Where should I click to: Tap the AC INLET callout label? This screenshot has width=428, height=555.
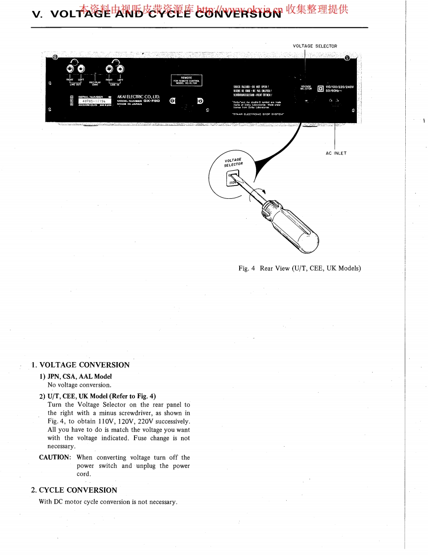tap(336, 153)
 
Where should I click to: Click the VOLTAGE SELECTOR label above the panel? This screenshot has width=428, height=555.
tap(315, 46)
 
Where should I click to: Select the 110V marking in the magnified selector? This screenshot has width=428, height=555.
tap(231, 183)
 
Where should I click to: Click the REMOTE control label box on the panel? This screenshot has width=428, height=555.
tap(186, 80)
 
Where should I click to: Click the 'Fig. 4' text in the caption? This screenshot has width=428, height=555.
tap(246, 269)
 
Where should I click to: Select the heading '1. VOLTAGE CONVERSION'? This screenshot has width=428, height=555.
tap(80, 365)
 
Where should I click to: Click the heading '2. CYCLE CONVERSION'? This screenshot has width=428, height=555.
tap(74, 490)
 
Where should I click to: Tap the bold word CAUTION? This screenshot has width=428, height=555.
tap(55, 458)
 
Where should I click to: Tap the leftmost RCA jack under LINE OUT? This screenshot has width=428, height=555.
tap(72, 69)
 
